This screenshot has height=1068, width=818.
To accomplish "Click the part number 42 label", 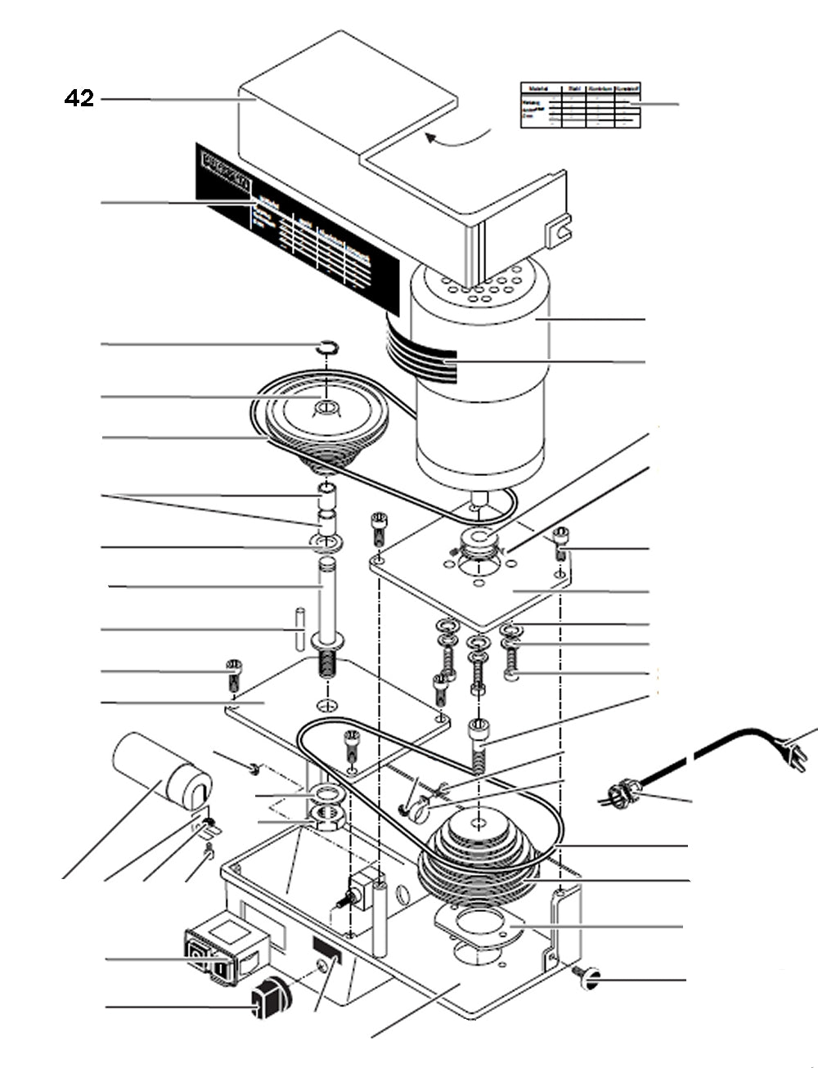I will click(79, 99).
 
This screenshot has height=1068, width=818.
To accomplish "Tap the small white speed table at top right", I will click(580, 105).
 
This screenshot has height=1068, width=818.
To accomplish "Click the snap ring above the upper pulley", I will click(326, 348).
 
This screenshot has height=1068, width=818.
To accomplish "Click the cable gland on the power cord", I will click(623, 792).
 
